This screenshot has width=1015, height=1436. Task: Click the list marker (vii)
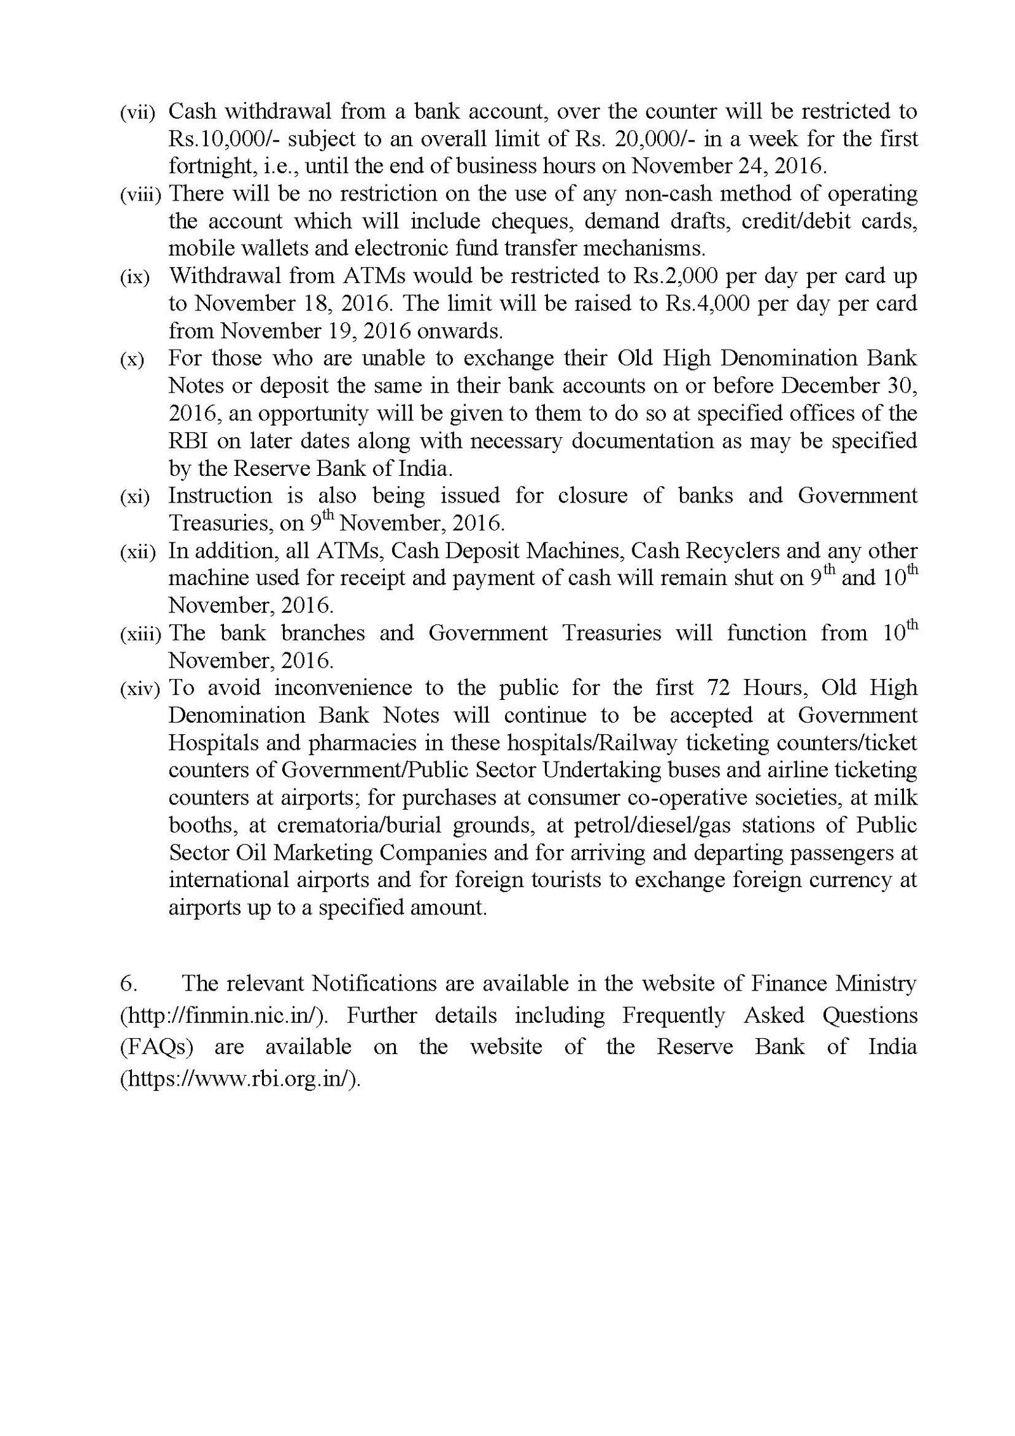click(x=136, y=113)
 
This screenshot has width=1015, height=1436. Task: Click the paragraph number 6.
click(x=126, y=984)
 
